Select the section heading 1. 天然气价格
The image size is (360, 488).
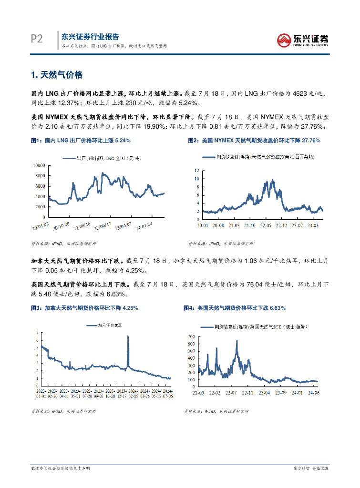pyautogui.click(x=57, y=75)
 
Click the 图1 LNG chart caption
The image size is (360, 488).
pyautogui.click(x=81, y=141)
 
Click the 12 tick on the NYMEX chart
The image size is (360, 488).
pyautogui.click(x=196, y=170)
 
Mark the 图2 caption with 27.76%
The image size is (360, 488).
pyautogui.click(x=254, y=141)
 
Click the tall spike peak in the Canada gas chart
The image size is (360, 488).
pyautogui.click(x=128, y=336)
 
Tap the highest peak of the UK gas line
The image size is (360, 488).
pyautogui.click(x=237, y=341)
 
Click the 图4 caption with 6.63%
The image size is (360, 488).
pyautogui.click(x=235, y=308)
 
